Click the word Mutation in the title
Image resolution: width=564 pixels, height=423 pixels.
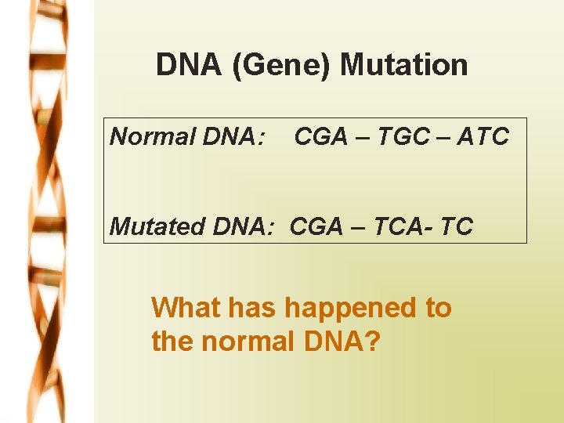[x=404, y=64]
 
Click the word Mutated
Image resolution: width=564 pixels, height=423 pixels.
[x=154, y=226]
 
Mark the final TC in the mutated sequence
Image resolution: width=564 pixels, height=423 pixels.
[x=456, y=226]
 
